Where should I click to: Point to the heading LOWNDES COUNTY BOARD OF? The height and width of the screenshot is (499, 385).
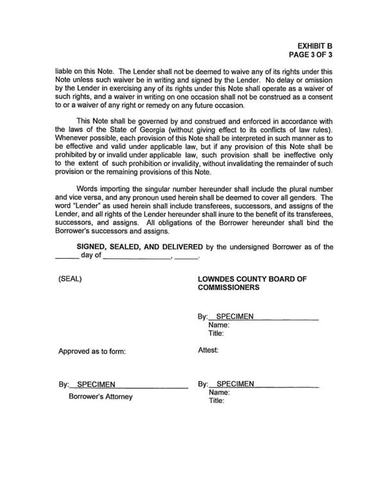point(254,279)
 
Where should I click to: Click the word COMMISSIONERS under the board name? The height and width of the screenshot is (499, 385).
point(230,288)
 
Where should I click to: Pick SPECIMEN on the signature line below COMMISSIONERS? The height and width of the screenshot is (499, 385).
point(235,317)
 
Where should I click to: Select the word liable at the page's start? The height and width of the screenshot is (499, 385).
point(67,71)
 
